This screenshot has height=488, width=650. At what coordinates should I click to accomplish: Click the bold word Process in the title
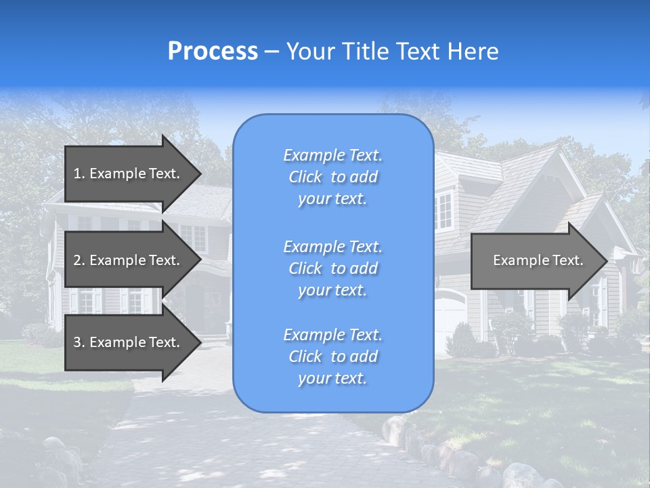tap(213, 52)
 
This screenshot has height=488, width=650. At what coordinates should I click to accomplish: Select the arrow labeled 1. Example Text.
tap(129, 174)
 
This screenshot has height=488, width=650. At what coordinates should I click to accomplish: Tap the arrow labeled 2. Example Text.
tap(129, 260)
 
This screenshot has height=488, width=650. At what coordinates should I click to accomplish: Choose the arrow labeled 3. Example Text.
tap(129, 342)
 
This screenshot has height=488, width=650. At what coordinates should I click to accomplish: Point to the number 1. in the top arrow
tap(79, 174)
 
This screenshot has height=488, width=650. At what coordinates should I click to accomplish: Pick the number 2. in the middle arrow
tap(79, 260)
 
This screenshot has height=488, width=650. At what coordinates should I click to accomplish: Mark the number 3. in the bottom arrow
tap(79, 342)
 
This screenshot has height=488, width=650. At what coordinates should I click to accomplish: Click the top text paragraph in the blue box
tap(332, 177)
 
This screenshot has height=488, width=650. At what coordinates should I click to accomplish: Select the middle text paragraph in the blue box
tap(332, 268)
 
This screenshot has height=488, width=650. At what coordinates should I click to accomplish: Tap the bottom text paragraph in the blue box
tap(332, 357)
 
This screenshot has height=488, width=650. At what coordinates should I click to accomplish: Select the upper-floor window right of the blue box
tap(444, 211)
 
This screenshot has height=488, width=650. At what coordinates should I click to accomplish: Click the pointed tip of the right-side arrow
tap(606, 261)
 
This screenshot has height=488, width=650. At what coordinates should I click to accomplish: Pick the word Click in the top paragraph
tap(305, 178)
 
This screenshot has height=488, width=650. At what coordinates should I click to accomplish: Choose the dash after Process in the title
tap(272, 52)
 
